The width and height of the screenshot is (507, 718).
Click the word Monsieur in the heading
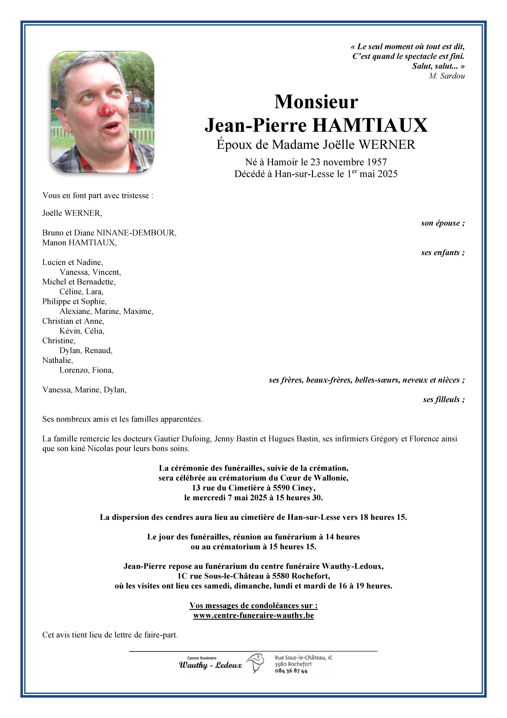[316, 102]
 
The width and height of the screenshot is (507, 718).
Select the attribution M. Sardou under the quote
[446, 76]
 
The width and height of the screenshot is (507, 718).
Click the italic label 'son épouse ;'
[443, 223]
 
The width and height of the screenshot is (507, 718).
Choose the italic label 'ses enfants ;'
[443, 253]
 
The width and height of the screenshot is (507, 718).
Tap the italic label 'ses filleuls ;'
[444, 400]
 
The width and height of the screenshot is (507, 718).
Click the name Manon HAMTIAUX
[79, 243]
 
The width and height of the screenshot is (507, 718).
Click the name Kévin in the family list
[70, 331]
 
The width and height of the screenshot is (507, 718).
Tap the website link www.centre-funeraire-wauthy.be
[253, 616]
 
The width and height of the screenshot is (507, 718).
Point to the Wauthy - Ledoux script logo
[210, 665]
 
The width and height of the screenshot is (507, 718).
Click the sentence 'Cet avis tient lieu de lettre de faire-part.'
[110, 635]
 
